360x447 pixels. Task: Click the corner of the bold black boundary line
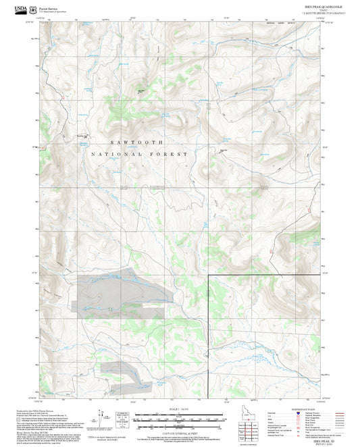(208, 276)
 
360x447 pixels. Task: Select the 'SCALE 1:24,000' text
(178, 409)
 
